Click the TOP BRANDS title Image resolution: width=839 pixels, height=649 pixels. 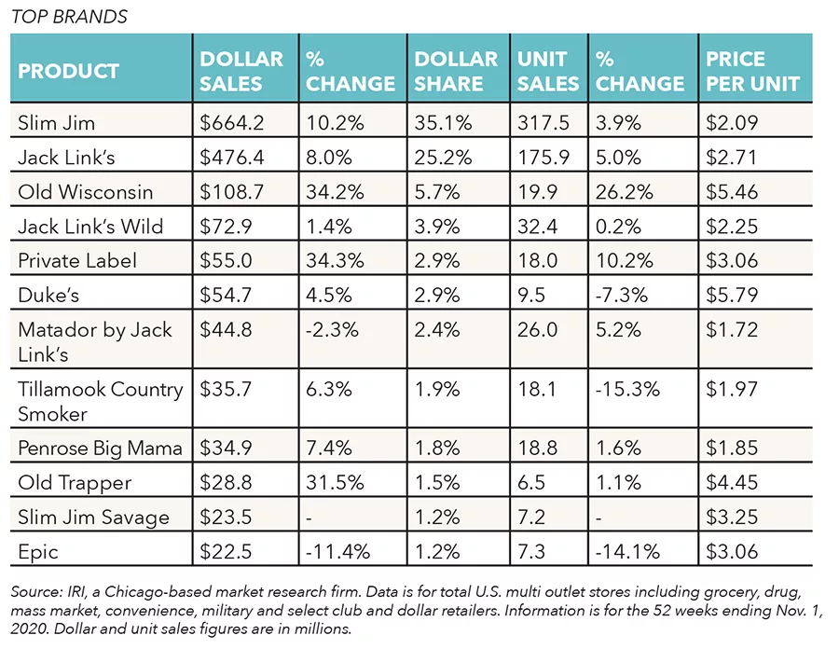pos(69,17)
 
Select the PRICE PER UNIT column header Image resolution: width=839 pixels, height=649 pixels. pos(752,71)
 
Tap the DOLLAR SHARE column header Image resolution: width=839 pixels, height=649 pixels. pos(456,71)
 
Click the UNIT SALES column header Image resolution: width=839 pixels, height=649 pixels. pos(548,71)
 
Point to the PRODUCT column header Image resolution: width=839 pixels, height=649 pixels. pos(68,71)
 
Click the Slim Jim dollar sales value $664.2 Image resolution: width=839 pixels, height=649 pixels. pos(232,122)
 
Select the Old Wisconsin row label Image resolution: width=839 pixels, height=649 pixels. pos(86,191)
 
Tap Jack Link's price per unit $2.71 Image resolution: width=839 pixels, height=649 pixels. pos(732,158)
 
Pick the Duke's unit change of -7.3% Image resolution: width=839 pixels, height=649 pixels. pos(622,295)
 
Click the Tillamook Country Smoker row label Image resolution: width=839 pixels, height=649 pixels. pos(101,401)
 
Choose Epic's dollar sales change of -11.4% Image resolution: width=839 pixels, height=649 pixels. pos(337,552)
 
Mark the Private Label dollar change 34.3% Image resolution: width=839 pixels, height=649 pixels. pos(335,260)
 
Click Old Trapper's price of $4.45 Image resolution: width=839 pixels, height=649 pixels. pos(732,483)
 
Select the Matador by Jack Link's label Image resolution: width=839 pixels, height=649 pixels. pos(95,341)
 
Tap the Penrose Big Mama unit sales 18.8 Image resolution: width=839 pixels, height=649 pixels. pos(537,448)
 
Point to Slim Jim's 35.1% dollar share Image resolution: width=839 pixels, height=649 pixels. pos(443,122)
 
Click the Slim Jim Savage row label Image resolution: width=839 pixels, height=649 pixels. pos(93,518)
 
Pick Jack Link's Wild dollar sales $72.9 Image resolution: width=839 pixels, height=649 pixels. pos(226,227)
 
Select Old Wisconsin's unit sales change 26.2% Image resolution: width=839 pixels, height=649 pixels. pos(625,191)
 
